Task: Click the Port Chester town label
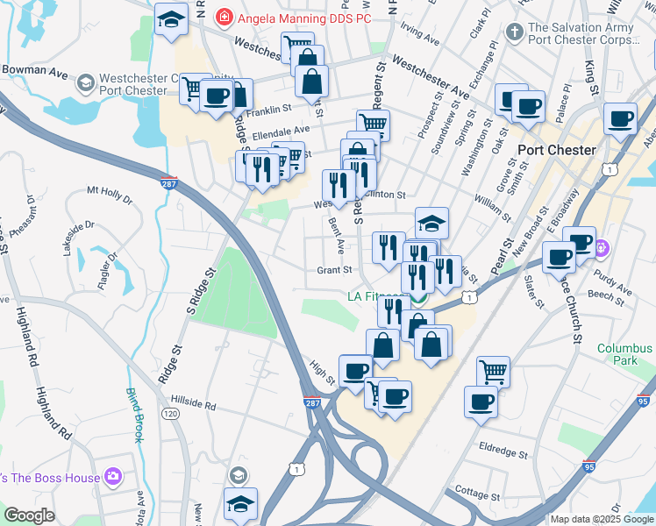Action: click(557, 149)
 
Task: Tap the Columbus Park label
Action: click(625, 354)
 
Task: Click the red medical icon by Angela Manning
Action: click(225, 16)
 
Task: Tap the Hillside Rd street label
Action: click(187, 406)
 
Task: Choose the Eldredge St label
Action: click(503, 454)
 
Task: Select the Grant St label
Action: click(334, 271)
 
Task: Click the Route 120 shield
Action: click(169, 412)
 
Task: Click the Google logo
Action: click(30, 516)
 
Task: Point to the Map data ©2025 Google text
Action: click(602, 519)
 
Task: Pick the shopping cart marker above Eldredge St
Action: click(494, 371)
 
